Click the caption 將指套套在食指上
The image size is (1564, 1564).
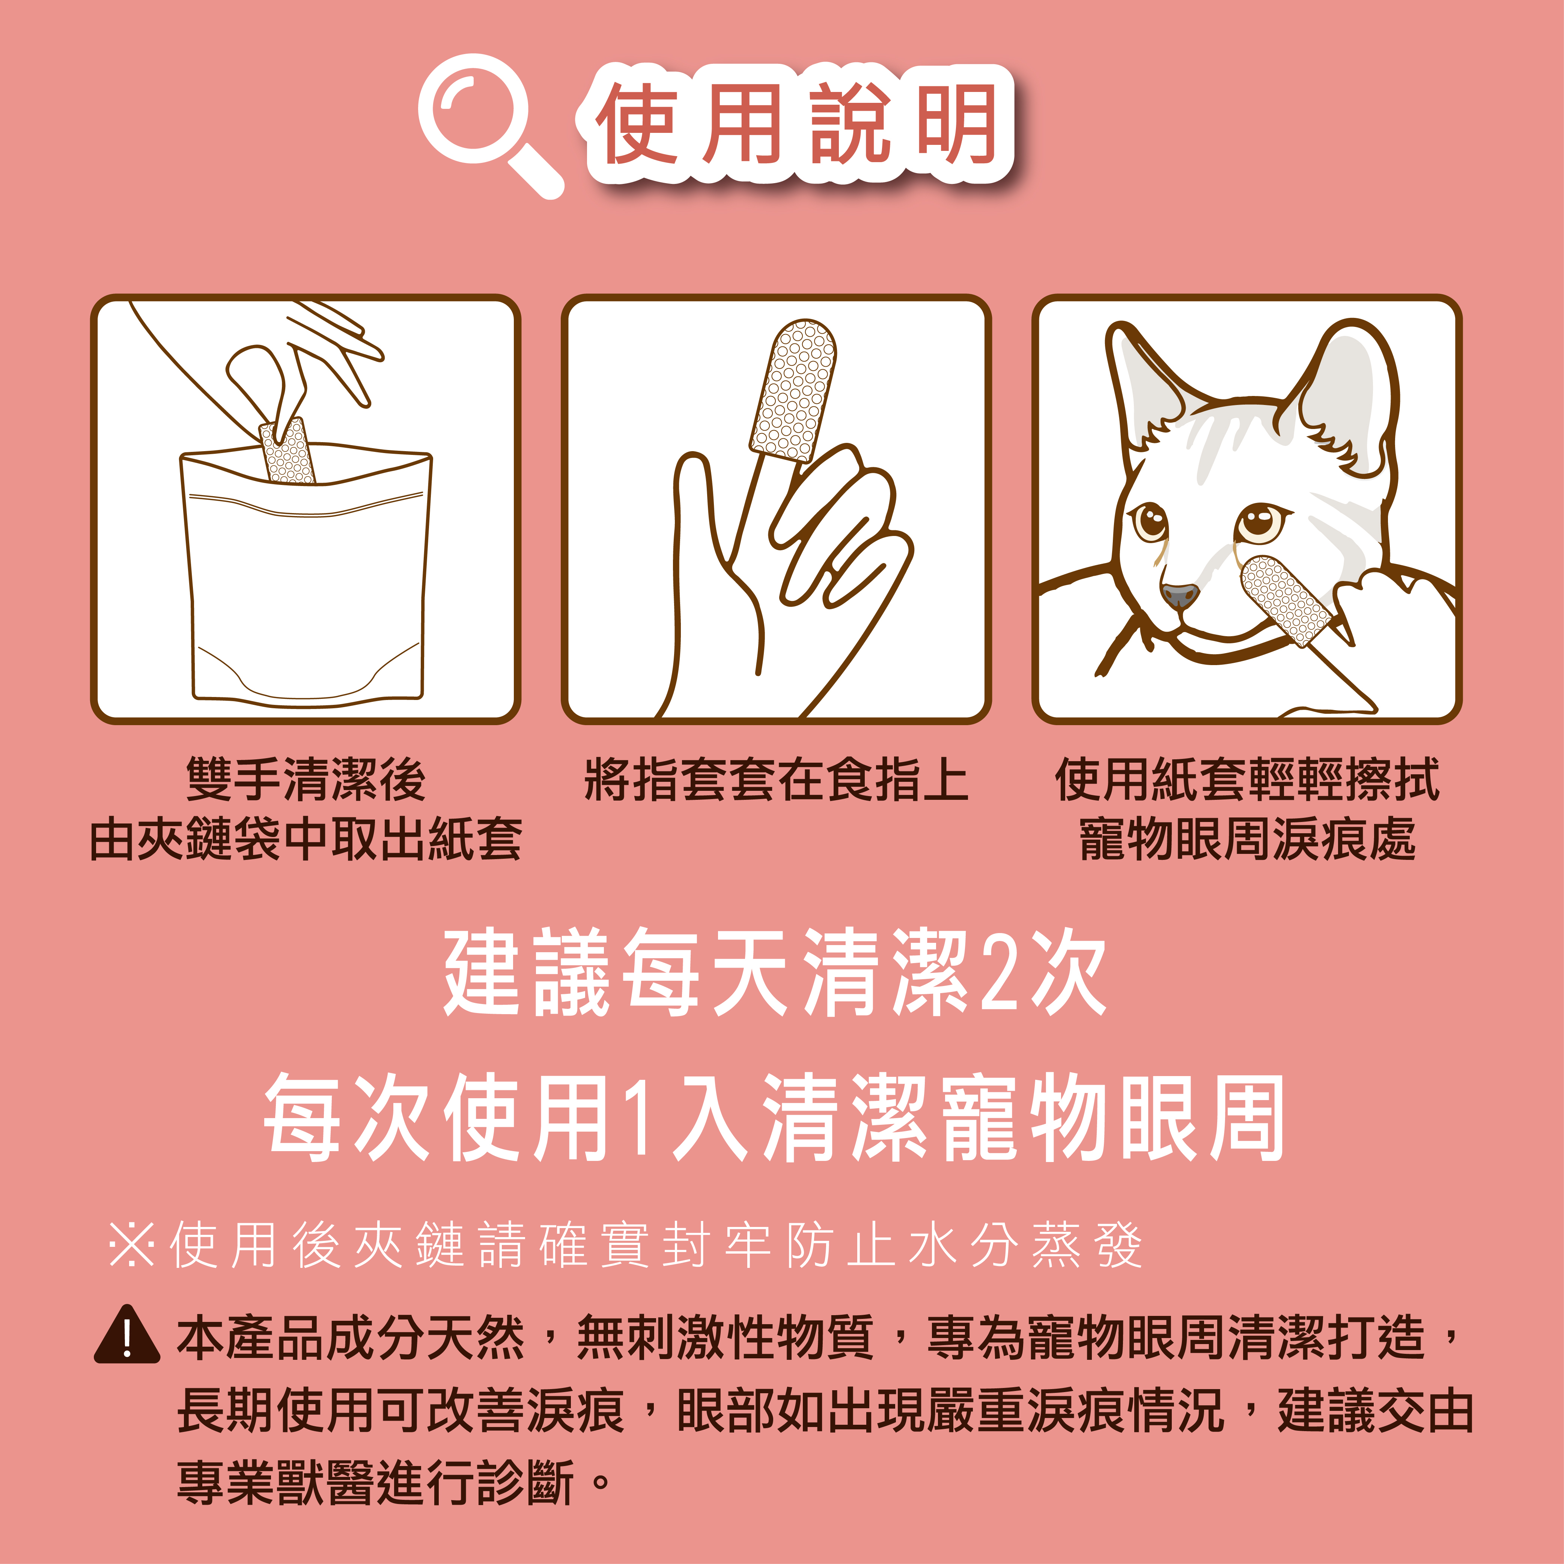coord(775,780)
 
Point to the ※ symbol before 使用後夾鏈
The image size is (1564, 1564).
coord(131,1245)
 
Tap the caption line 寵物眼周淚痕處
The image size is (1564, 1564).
coord(1247,838)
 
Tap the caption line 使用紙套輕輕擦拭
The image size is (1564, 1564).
coord(1247,780)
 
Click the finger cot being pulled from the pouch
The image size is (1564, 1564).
coord(287,452)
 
